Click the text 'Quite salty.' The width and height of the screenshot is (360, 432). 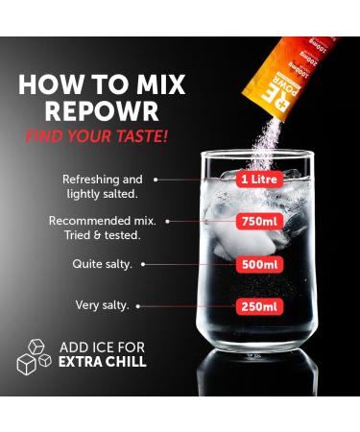point(108,263)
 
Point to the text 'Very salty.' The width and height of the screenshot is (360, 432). point(103,305)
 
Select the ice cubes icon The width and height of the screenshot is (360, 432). point(34,355)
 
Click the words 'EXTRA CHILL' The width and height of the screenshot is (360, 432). point(102,362)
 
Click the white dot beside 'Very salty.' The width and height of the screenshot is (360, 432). point(138,306)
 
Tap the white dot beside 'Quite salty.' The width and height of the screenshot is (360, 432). point(144,263)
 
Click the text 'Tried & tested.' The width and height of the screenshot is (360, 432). point(101,234)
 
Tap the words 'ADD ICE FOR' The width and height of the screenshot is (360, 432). point(103,347)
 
